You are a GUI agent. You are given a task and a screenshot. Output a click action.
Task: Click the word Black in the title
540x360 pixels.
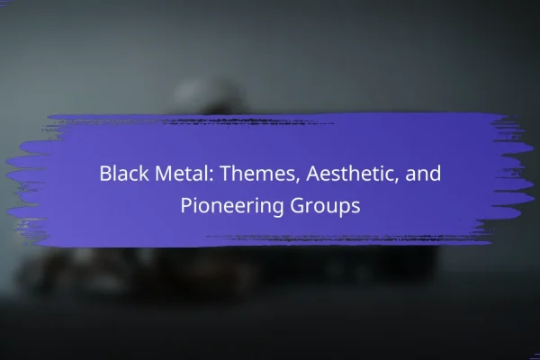(x=124, y=173)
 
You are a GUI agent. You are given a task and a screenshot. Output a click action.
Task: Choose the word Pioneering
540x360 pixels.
(x=232, y=206)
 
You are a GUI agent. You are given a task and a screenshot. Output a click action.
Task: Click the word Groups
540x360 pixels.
(x=325, y=206)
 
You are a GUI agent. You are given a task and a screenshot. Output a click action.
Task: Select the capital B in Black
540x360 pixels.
(x=105, y=174)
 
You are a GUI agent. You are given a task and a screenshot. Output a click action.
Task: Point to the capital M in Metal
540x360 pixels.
(x=163, y=174)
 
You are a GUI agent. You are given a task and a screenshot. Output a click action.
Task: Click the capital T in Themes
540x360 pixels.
(x=226, y=174)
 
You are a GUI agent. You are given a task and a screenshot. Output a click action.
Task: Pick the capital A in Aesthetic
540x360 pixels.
(x=313, y=174)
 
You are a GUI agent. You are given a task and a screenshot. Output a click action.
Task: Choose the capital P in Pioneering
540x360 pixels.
(x=186, y=206)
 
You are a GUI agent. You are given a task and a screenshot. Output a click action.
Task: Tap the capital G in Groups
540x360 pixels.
(x=297, y=206)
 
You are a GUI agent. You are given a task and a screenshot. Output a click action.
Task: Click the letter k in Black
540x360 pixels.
(x=145, y=173)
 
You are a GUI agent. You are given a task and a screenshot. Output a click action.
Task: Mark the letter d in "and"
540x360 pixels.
(x=436, y=173)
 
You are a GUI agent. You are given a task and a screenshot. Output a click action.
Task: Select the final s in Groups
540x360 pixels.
(x=356, y=208)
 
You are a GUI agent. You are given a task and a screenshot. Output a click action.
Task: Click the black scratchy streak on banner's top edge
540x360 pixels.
(x=193, y=122)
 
